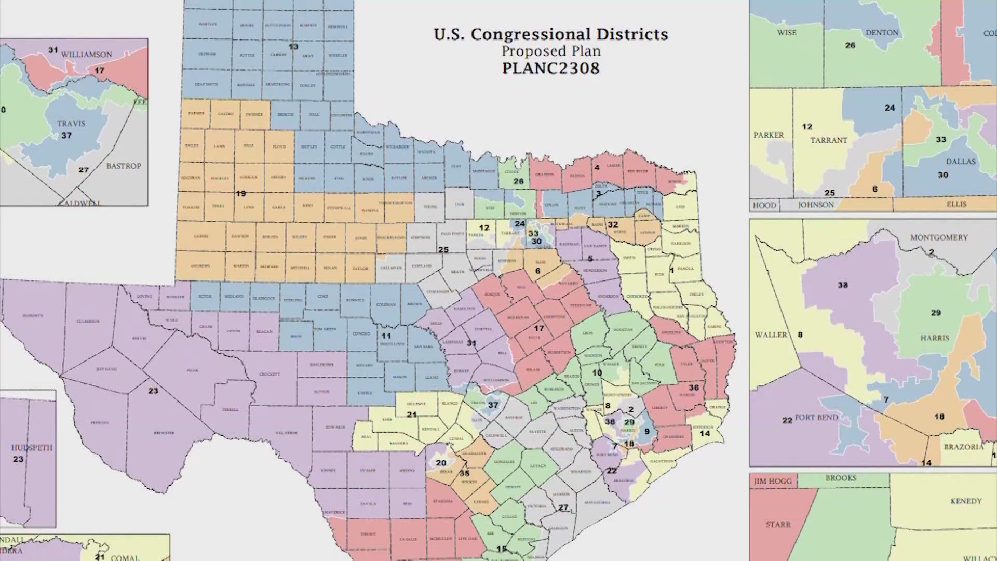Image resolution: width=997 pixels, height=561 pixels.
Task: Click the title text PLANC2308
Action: [550, 69]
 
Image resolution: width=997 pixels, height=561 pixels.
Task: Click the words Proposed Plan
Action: [550, 51]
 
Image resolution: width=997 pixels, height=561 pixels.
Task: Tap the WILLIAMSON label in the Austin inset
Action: [86, 55]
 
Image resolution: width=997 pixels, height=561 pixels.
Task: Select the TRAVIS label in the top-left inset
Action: [71, 124]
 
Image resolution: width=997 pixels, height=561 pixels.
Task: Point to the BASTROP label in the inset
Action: [124, 166]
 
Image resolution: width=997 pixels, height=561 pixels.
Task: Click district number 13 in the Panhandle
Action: [293, 47]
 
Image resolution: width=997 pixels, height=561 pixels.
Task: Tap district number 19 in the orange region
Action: [240, 193]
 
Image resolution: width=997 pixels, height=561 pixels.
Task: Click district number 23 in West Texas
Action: [153, 391]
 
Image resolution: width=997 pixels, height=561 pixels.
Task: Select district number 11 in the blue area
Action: [386, 336]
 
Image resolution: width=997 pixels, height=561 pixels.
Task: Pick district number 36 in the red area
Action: [694, 388]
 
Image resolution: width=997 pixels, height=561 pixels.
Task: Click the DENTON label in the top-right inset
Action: [882, 33]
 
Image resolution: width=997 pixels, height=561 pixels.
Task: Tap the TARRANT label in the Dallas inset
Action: [828, 140]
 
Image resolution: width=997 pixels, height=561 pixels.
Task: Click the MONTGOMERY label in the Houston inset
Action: [939, 237]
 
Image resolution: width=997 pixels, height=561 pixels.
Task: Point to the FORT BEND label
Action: [816, 418]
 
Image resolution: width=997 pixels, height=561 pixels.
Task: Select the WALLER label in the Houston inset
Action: [771, 335]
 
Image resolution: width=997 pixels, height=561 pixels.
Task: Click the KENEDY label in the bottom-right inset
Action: [966, 501]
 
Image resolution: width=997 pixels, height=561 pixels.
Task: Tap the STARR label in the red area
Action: [778, 525]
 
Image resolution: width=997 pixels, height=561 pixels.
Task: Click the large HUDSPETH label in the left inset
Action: [32, 448]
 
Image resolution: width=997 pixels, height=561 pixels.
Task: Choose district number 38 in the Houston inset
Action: [843, 285]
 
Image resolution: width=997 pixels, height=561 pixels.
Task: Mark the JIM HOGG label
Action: [773, 482]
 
